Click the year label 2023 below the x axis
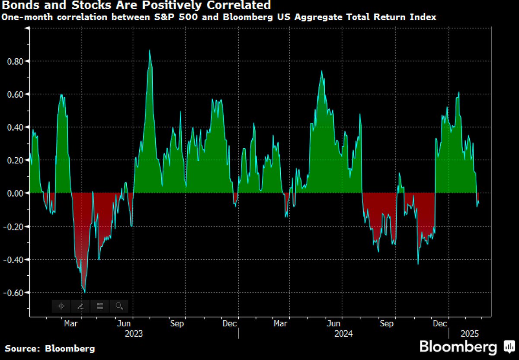click(x=133, y=334)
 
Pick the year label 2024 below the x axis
click(x=343, y=334)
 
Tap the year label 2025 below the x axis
click(x=470, y=334)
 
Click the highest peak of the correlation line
click(x=150, y=50)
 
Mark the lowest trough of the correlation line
click(x=84, y=293)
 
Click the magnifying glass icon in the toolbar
click(x=119, y=306)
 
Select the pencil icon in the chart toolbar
click(x=80, y=306)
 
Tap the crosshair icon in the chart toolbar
click(x=61, y=306)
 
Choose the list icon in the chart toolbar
click(x=100, y=306)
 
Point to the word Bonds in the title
click(x=18, y=6)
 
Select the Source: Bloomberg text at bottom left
click(x=50, y=348)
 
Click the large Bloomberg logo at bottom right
click(x=465, y=347)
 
